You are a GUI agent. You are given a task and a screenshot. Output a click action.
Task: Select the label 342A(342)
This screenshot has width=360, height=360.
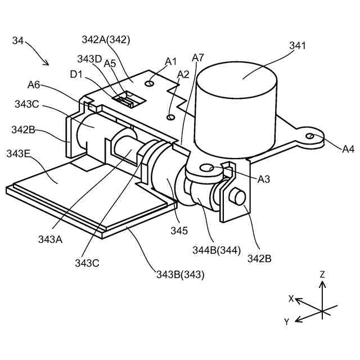[105, 40]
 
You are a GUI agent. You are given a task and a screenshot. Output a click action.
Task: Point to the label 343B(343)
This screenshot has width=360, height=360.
[180, 274]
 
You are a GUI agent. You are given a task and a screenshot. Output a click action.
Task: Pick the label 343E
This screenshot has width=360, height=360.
[19, 154]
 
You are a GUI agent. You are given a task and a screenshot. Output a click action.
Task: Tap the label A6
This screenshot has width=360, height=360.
[34, 85]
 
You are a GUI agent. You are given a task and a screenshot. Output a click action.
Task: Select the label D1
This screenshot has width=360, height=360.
[76, 74]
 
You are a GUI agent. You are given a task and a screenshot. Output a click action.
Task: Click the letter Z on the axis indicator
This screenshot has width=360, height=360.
[322, 274]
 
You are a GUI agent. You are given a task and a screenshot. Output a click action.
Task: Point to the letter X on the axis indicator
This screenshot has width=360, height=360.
[291, 299]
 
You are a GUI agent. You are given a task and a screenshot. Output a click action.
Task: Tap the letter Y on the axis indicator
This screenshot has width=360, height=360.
[286, 322]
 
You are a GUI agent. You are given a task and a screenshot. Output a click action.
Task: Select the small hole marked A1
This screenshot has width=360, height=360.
[149, 84]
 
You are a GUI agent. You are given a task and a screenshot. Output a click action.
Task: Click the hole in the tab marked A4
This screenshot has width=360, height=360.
[310, 136]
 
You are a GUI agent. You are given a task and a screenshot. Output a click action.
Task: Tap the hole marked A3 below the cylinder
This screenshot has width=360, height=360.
[210, 167]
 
